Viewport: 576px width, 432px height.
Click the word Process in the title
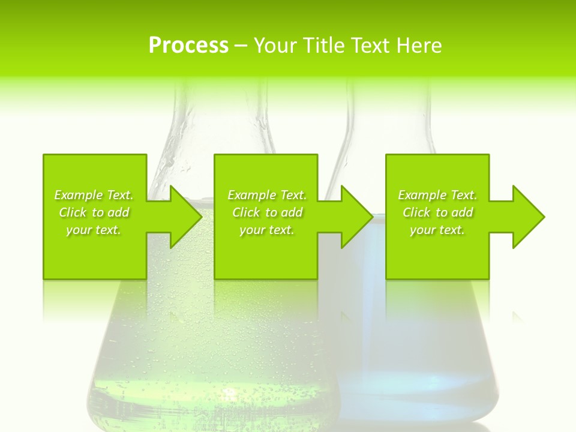coord(188,46)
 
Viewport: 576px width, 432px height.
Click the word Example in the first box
coord(77,195)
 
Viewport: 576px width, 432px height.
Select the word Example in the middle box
coord(251,195)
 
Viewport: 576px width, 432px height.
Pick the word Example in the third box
coord(421,195)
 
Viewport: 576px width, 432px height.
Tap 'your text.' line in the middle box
coord(266,230)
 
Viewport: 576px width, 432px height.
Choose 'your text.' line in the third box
coord(437,230)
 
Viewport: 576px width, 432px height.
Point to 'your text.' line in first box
coord(94,230)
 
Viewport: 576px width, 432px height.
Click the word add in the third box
coord(461,212)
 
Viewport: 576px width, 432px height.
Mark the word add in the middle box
coord(291,212)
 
